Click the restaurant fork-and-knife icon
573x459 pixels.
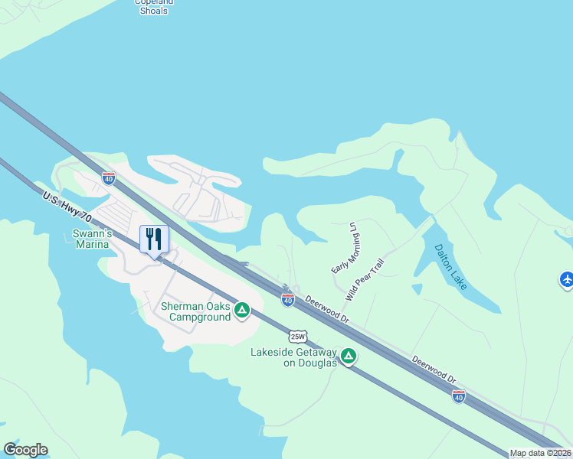pyautogui.click(x=154, y=239)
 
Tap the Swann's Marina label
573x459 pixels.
pyautogui.click(x=93, y=239)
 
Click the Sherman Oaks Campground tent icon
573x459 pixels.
pyautogui.click(x=242, y=310)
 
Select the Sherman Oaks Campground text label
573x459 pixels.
pyautogui.click(x=196, y=311)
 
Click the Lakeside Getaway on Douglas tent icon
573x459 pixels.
pyautogui.click(x=349, y=356)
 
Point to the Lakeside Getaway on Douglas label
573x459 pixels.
pyautogui.click(x=294, y=357)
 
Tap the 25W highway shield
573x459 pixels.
pyautogui.click(x=298, y=336)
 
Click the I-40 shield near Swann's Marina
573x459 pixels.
pyautogui.click(x=109, y=179)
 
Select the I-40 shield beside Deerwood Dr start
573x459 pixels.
pyautogui.click(x=287, y=301)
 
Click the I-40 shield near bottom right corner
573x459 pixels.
pyautogui.click(x=458, y=396)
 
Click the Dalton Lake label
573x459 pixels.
pyautogui.click(x=450, y=267)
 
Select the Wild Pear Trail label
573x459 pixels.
pyautogui.click(x=365, y=278)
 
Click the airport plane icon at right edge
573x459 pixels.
pyautogui.click(x=566, y=280)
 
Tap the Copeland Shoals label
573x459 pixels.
pyautogui.click(x=154, y=6)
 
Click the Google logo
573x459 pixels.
pyautogui.click(x=25, y=450)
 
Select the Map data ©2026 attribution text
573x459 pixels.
pyautogui.click(x=540, y=453)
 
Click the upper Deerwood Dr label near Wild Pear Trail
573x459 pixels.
pyautogui.click(x=327, y=310)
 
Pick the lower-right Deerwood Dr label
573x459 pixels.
pyautogui.click(x=434, y=369)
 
